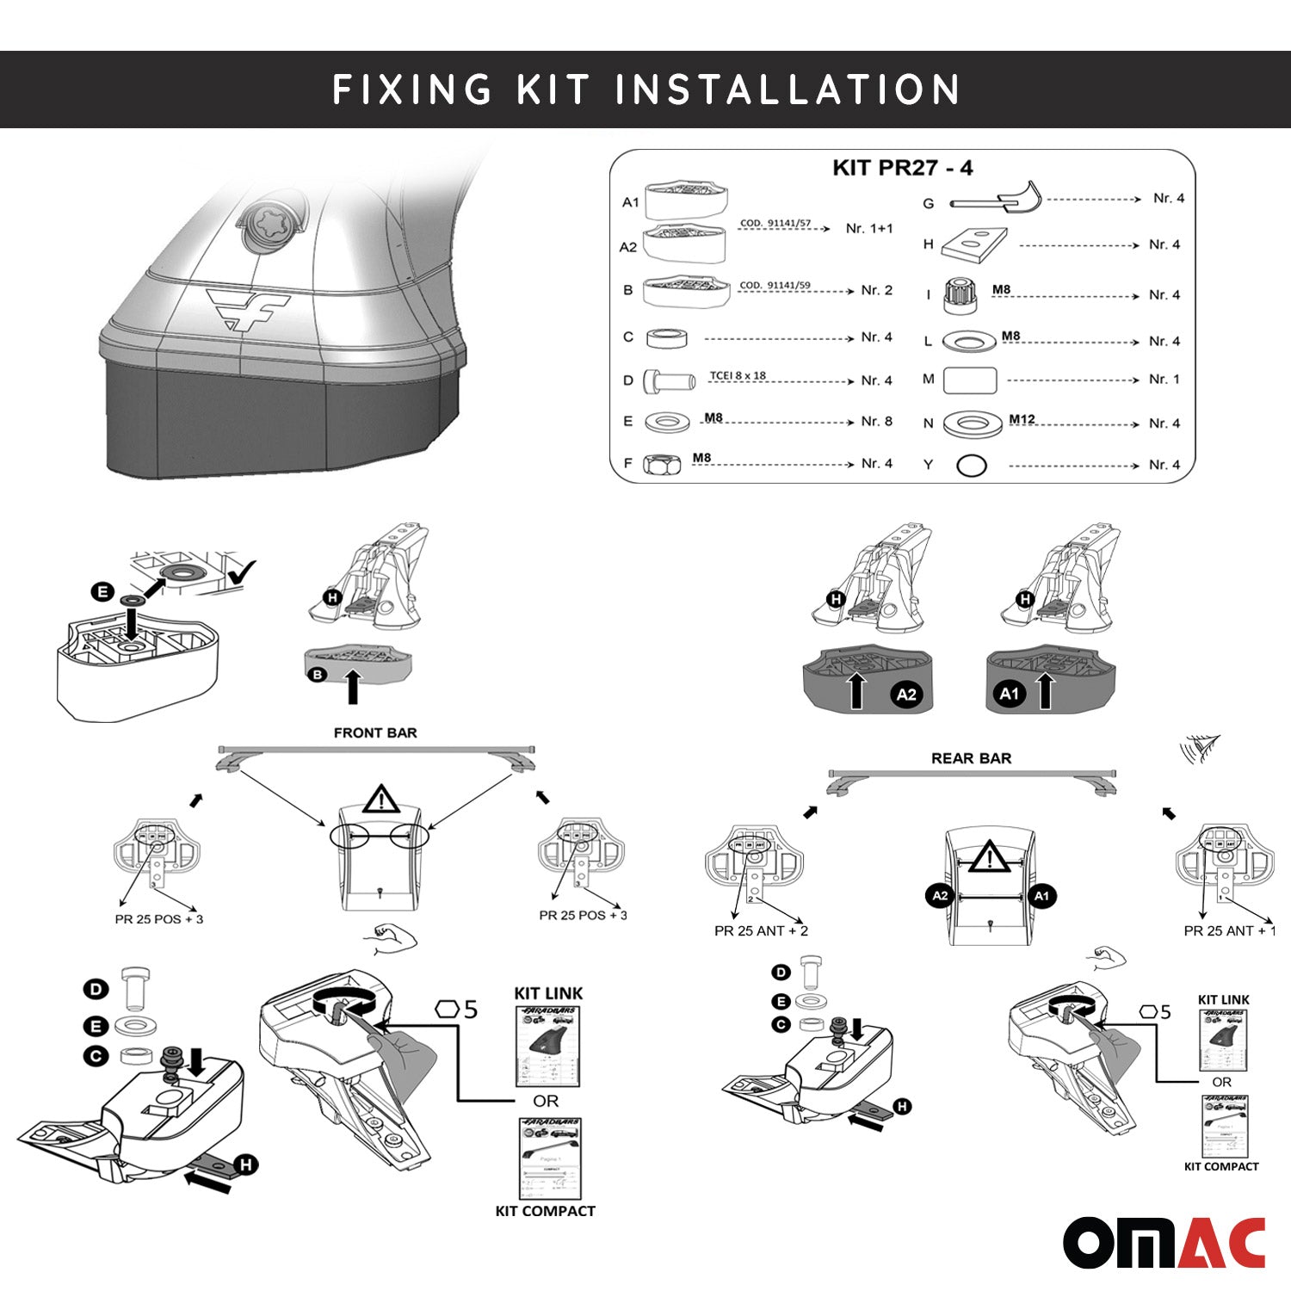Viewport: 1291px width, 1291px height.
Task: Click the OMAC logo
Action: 1164,1243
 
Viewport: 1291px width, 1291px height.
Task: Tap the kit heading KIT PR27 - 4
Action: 902,168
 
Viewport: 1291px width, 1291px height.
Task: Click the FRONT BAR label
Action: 375,733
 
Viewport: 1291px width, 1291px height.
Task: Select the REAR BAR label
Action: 971,758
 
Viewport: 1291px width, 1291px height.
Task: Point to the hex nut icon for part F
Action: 661,465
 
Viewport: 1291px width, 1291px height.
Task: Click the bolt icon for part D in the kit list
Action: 669,380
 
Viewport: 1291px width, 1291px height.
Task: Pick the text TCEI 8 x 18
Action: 738,376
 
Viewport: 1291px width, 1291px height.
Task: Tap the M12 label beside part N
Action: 1022,419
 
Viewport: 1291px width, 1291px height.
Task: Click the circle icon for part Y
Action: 971,466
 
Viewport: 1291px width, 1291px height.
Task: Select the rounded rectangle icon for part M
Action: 970,380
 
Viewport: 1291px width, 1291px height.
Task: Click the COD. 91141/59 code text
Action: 775,286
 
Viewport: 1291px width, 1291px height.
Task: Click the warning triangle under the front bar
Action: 379,800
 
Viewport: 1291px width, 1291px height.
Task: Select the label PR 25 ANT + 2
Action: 761,930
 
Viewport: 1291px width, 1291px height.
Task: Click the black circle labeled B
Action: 318,675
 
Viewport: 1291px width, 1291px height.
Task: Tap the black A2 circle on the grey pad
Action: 906,695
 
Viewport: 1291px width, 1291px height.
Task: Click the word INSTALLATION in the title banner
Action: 788,90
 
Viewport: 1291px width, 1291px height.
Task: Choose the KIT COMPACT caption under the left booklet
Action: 545,1211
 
